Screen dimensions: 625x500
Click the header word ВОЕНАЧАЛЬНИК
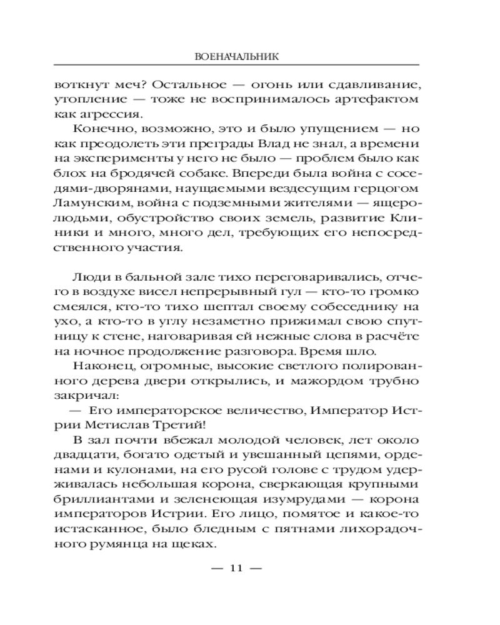tap(236, 56)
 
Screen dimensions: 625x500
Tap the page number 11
tap(236, 568)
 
